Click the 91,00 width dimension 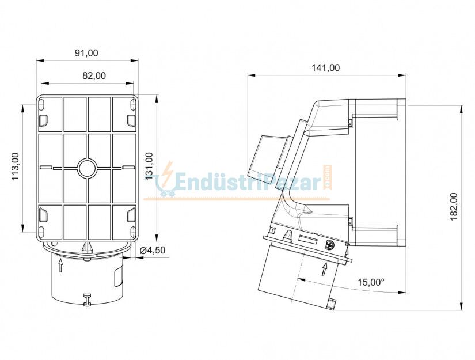pos(86,53)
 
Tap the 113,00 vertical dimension pos(16,166)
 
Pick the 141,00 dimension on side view pos(325,67)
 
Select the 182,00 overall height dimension pos(454,206)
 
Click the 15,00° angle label pos(370,282)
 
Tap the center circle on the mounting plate pos(88,168)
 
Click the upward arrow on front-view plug pos(61,265)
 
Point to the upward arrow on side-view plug pos(325,268)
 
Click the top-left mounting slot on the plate pos(43,120)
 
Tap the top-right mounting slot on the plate pos(131,120)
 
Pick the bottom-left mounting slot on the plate pos(43,215)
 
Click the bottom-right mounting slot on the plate pos(131,215)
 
